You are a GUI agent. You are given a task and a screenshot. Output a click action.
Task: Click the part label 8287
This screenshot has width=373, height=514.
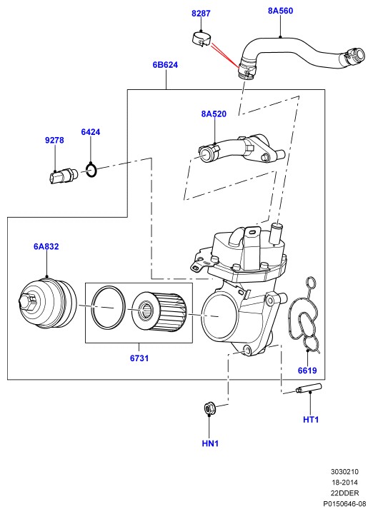tap(201, 14)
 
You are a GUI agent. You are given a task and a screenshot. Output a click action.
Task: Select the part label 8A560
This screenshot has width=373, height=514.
tap(281, 11)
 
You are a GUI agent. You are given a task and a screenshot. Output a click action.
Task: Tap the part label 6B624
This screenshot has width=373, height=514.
tap(165, 64)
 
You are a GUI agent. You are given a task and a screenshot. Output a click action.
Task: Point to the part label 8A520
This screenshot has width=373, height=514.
tap(214, 114)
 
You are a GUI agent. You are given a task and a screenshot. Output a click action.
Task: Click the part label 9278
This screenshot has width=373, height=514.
tap(54, 140)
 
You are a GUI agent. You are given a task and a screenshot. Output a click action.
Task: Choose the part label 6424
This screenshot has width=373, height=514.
tap(91, 132)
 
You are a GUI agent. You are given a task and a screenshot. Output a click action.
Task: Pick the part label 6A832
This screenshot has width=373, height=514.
tap(46, 246)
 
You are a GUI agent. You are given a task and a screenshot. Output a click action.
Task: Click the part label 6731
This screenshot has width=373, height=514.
tap(139, 358)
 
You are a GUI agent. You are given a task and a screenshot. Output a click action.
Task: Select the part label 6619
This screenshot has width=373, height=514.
tap(307, 371)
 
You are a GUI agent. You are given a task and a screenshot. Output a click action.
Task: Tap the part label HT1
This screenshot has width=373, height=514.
tap(311, 419)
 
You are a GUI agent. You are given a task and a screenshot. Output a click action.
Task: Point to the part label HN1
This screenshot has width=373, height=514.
tap(210, 443)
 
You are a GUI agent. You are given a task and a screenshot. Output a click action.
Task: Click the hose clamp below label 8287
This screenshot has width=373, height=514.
tap(201, 39)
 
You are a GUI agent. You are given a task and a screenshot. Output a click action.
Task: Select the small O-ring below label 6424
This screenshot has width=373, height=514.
tap(91, 169)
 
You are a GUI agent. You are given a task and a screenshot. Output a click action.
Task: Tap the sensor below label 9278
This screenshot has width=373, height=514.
tap(63, 176)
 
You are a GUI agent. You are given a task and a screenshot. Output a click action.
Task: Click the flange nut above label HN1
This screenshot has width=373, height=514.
tap(209, 408)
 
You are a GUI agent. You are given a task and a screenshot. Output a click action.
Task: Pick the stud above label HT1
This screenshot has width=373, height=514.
tap(309, 388)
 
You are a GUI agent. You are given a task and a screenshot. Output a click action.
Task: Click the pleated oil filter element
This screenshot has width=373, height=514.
tap(159, 311)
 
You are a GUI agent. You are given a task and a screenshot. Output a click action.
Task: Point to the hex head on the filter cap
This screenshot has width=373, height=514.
tap(28, 301)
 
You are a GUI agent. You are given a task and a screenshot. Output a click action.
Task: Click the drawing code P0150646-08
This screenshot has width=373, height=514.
tap(344, 503)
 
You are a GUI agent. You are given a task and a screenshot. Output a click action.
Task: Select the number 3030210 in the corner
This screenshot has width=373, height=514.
tap(344, 472)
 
